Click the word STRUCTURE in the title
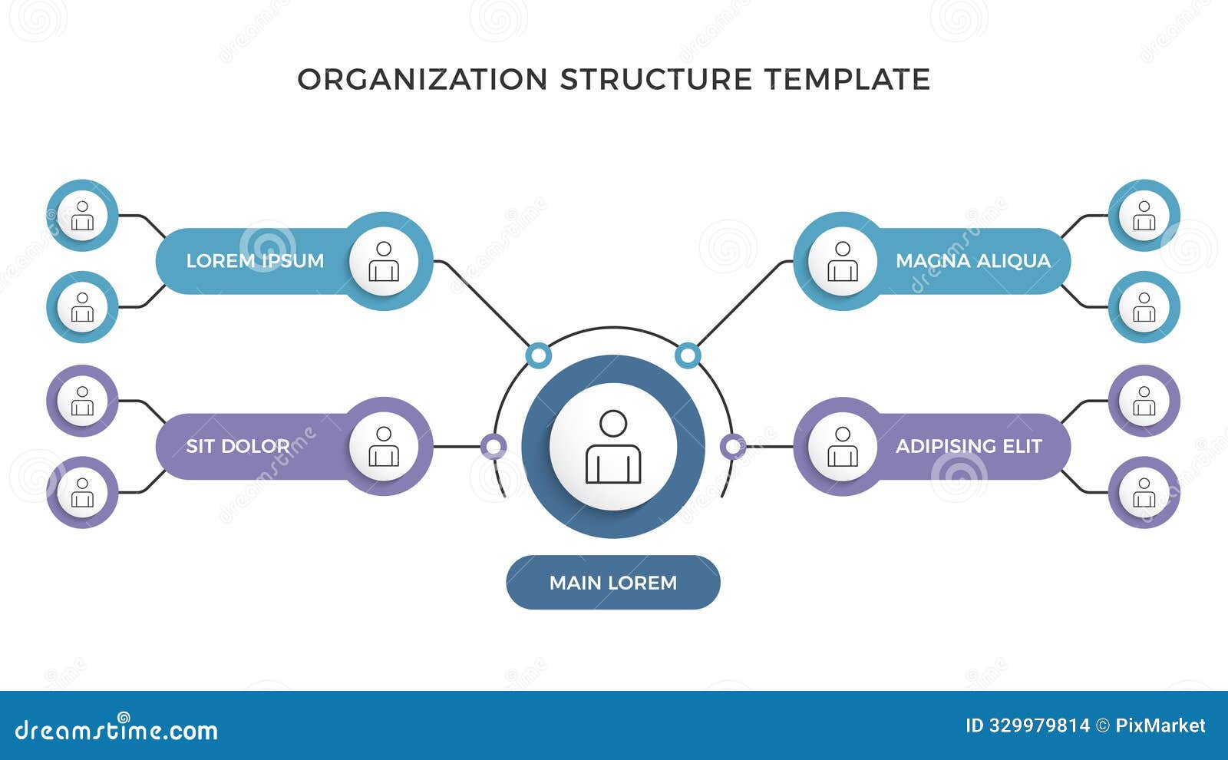(656, 79)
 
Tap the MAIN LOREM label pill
(612, 583)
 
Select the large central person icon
(612, 447)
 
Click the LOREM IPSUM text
(255, 261)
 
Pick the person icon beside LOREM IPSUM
(384, 261)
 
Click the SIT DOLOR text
(238, 446)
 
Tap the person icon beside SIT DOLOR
(384, 446)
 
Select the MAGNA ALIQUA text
(972, 261)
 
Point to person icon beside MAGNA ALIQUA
(842, 261)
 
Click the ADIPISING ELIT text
(969, 446)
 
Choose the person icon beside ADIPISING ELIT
(842, 446)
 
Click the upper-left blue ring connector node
(539, 355)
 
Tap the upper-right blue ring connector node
(687, 355)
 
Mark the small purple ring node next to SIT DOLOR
(493, 446)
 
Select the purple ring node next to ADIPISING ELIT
(733, 446)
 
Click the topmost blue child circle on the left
(82, 216)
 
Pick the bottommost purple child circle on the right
(1144, 492)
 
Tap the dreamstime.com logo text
(117, 729)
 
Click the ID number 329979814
(1037, 725)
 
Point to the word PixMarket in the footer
(1160, 725)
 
